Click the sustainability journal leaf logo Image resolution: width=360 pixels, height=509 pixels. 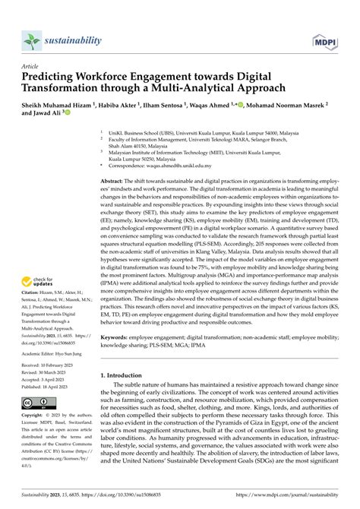click(x=30, y=39)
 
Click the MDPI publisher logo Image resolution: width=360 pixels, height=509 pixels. click(x=322, y=39)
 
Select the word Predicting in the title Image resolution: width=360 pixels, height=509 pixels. click(x=55, y=78)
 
